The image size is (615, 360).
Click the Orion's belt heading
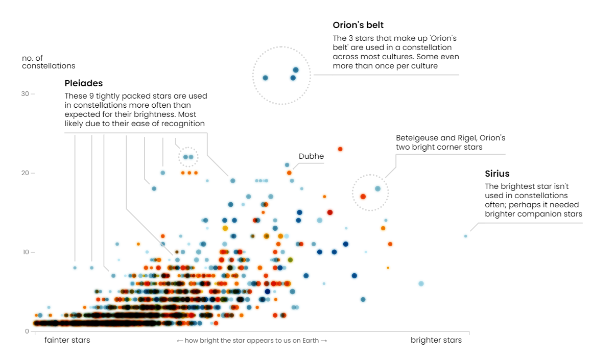pyautogui.click(x=358, y=25)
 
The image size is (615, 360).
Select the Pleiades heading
pyautogui.click(x=83, y=83)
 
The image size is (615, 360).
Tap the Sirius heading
pyautogui.click(x=497, y=174)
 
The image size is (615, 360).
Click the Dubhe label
pyautogui.click(x=311, y=156)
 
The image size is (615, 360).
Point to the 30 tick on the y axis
pyautogui.click(x=25, y=94)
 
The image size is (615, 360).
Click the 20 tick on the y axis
pyautogui.click(x=25, y=173)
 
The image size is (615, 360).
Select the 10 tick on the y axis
pyautogui.click(x=25, y=252)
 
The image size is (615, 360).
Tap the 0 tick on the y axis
pyautogui.click(x=27, y=331)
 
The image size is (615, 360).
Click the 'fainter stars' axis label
pyautogui.click(x=67, y=340)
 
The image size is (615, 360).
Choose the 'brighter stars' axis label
pyautogui.click(x=436, y=340)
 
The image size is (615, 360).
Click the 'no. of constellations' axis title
pyautogui.click(x=48, y=62)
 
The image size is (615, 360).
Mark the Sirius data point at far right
pyautogui.click(x=465, y=236)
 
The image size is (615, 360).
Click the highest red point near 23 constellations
pyautogui.click(x=340, y=149)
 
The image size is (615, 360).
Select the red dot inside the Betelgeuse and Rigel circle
pyautogui.click(x=363, y=196)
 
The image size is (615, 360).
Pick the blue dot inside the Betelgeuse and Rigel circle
pyautogui.click(x=377, y=188)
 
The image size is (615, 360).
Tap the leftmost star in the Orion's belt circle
pyautogui.click(x=265, y=78)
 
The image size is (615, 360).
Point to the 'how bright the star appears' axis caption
pyautogui.click(x=251, y=341)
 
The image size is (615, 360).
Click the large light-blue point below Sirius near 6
pyautogui.click(x=421, y=283)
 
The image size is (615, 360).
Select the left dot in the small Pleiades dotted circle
pyautogui.click(x=185, y=157)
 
